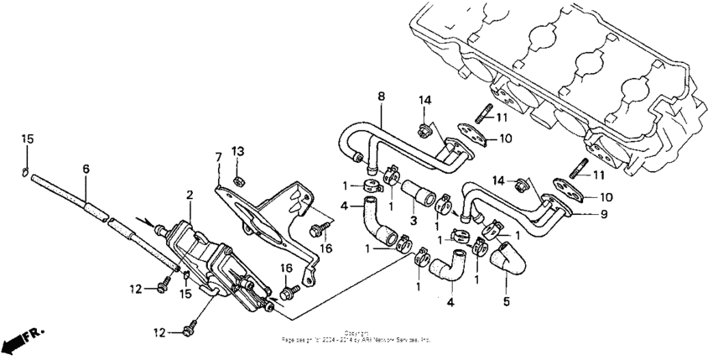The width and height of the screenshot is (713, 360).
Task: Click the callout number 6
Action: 86,169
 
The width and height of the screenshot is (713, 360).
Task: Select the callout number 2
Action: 190,195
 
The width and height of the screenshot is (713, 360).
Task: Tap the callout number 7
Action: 218,157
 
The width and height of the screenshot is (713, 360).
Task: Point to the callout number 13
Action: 237,151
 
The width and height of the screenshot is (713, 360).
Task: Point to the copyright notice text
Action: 356,337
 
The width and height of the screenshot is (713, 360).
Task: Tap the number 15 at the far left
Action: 26,138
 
